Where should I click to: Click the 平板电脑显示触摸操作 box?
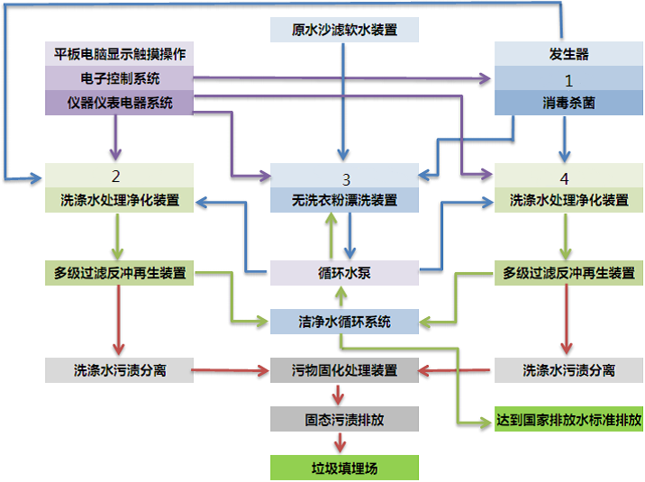(119, 54)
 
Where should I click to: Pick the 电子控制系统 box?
(119, 78)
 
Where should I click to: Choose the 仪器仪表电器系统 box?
(119, 103)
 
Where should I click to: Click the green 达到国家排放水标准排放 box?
(569, 419)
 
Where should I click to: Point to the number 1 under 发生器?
(568, 79)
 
